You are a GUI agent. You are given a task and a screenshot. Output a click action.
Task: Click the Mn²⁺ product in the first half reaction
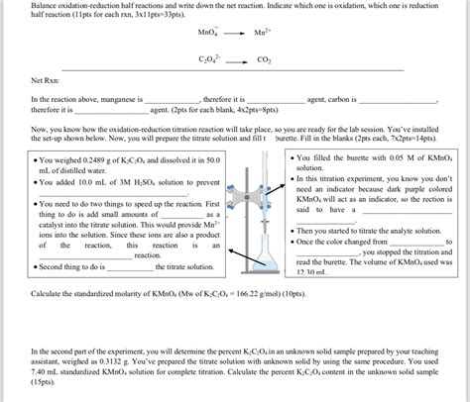263,33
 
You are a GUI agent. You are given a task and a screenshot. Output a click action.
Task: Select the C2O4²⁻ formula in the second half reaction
209,58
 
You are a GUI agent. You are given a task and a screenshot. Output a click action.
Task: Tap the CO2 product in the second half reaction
263,59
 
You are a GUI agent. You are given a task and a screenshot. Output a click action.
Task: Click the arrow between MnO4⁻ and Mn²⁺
235,33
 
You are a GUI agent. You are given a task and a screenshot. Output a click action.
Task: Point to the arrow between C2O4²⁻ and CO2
236,59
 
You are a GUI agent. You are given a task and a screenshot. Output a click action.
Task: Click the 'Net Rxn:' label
46,80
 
